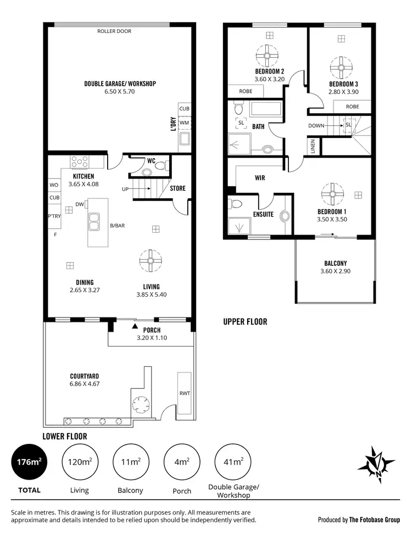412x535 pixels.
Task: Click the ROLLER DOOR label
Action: point(114,31)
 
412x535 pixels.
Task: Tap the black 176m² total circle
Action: point(29,462)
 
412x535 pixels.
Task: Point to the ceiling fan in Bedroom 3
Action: point(341,68)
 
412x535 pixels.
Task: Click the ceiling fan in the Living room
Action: point(151,261)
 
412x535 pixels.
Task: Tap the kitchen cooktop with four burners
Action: point(80,162)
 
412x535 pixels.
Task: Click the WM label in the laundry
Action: point(184,122)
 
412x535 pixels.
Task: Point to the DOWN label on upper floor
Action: point(316,125)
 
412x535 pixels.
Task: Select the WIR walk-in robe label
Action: point(260,179)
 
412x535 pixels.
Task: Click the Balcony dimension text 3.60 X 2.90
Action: point(335,271)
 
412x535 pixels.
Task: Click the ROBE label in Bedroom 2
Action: point(245,91)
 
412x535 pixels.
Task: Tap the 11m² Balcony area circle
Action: point(131,462)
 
